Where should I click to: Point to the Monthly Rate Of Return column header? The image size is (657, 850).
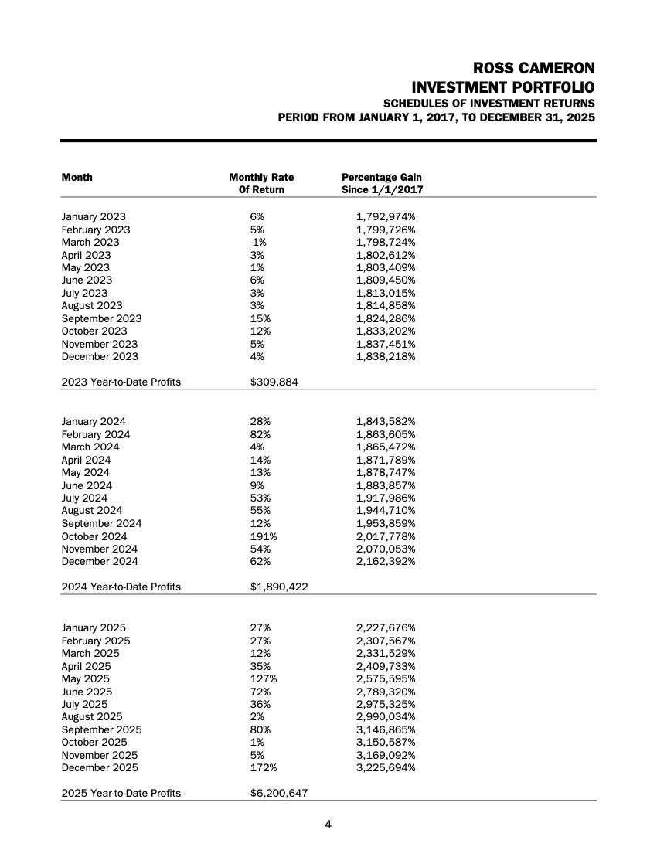point(261,183)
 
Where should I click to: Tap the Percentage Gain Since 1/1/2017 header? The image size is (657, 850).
point(382,183)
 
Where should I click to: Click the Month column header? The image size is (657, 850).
point(77,178)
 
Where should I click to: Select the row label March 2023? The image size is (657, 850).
point(90,243)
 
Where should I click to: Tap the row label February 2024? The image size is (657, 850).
point(96,434)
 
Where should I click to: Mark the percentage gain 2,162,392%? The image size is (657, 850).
point(386,562)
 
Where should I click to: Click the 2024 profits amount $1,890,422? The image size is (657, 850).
point(279,587)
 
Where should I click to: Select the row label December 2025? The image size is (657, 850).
point(100,768)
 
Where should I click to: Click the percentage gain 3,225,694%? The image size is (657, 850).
point(386,768)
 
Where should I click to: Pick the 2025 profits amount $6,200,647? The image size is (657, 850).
point(279,794)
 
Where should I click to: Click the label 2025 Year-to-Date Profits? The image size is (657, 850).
point(121,794)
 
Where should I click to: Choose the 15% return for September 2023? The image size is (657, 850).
point(257,318)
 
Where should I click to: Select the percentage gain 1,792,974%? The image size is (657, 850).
point(386,217)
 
